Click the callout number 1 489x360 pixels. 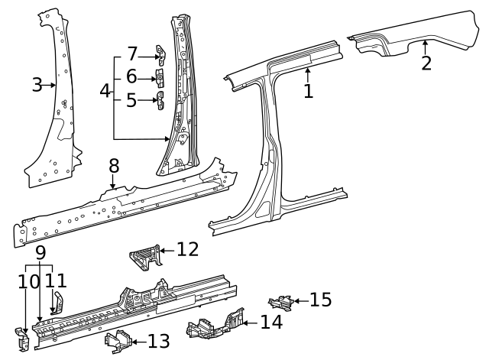pyautogui.click(x=308, y=91)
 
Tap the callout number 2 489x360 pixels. pyautogui.click(x=426, y=63)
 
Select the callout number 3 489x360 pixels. pyautogui.click(x=37, y=85)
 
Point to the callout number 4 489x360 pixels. pyautogui.click(x=105, y=91)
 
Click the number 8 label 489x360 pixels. pyautogui.click(x=113, y=166)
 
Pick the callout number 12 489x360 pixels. pyautogui.click(x=187, y=249)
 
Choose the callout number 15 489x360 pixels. pyautogui.click(x=320, y=300)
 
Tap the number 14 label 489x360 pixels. pyautogui.click(x=271, y=323)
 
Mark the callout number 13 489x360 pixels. pyautogui.click(x=159, y=341)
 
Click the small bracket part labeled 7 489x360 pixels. pyautogui.click(x=160, y=54)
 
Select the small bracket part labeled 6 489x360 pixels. pyautogui.click(x=161, y=78)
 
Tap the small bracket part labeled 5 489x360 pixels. pyautogui.click(x=161, y=101)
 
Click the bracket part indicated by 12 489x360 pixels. pyautogui.click(x=144, y=258)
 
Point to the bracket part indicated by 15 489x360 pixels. pyautogui.click(x=280, y=302)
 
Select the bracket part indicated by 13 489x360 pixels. pyautogui.click(x=117, y=341)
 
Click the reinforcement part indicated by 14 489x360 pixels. pyautogui.click(x=216, y=326)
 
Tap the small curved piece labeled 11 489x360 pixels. pyautogui.click(x=55, y=301)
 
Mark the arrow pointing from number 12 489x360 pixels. pyautogui.click(x=167, y=250)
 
